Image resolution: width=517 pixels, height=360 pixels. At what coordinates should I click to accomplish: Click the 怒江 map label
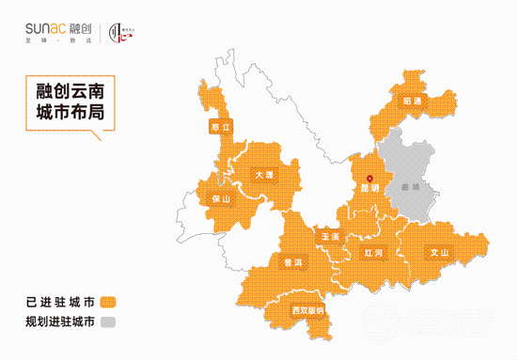point(221,125)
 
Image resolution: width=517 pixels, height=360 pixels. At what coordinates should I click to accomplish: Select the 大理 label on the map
point(263,175)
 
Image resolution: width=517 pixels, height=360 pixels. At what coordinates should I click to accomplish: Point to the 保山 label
point(221,198)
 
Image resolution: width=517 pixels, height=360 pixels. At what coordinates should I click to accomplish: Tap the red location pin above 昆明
point(369,177)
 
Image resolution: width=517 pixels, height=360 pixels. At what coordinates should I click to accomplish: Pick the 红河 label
point(373,253)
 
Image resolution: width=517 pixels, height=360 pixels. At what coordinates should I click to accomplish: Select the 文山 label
point(439,252)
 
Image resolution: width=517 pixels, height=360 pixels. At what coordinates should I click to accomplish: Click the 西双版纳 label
point(307,309)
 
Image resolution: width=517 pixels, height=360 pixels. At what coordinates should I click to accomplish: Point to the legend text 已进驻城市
point(60,303)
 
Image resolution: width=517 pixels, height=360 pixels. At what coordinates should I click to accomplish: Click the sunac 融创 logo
point(56,29)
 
